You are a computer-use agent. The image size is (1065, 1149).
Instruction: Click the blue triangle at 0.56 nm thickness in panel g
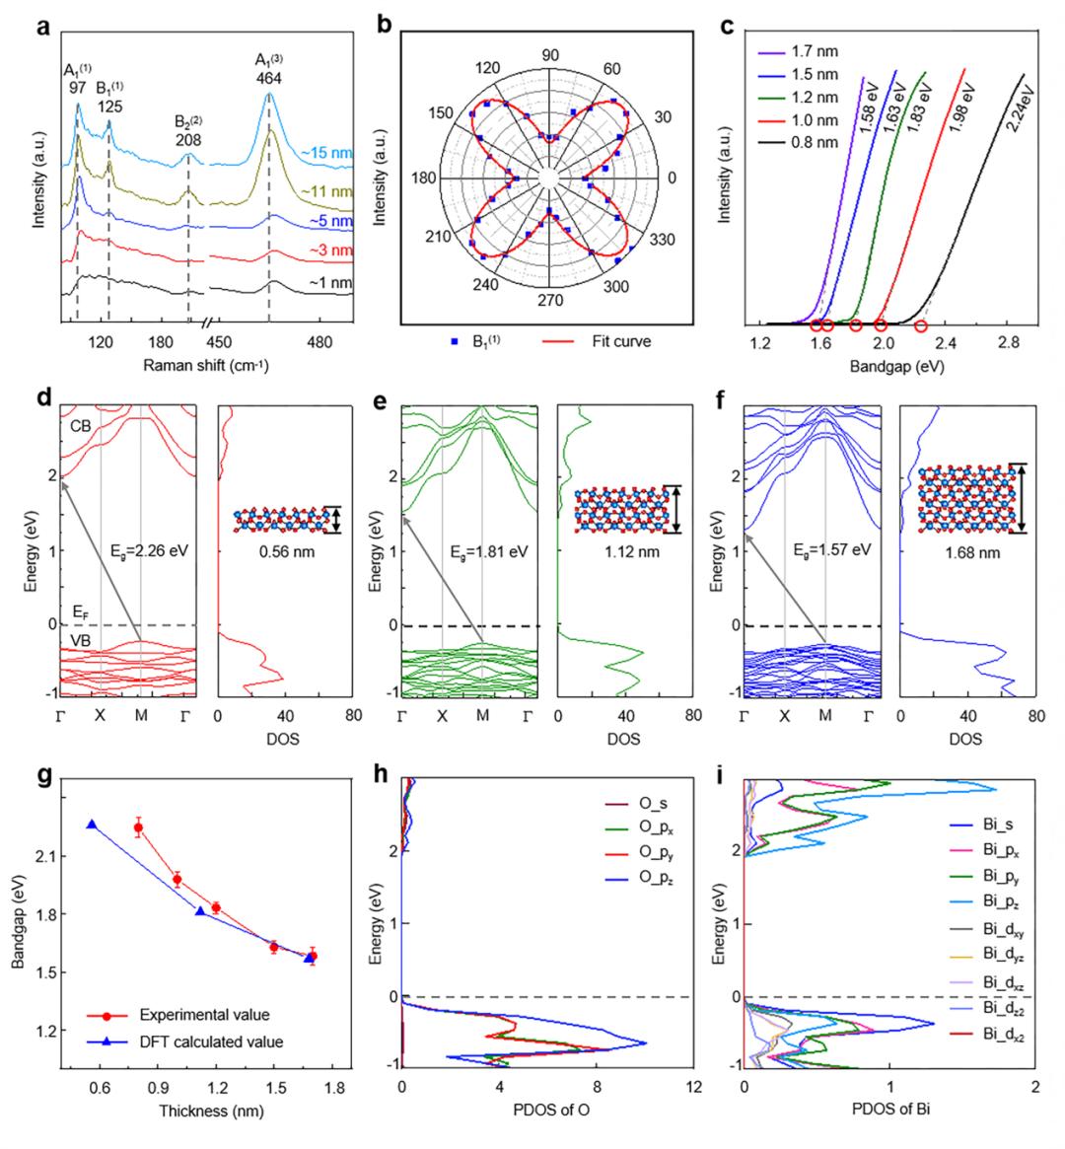pos(92,825)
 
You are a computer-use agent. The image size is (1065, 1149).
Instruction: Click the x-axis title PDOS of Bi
pos(888,1111)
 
